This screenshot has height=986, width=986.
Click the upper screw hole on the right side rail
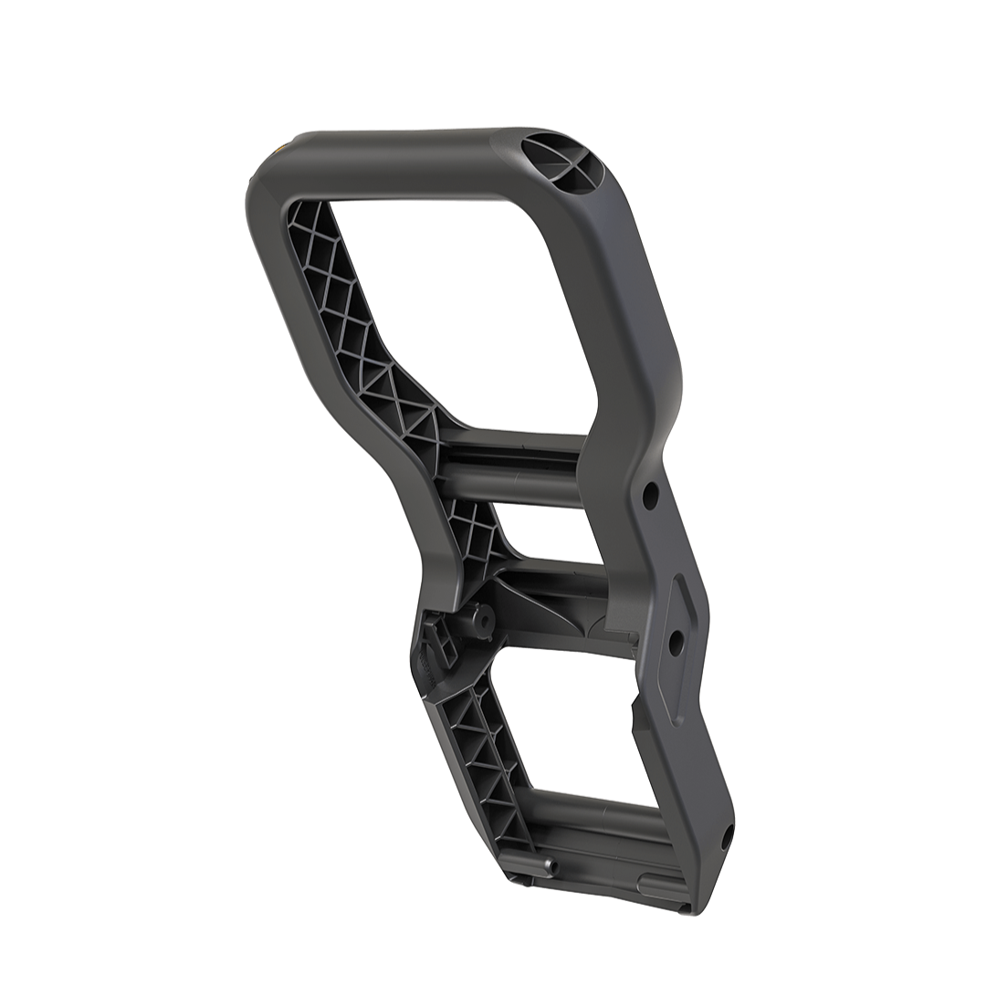tap(650, 496)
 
